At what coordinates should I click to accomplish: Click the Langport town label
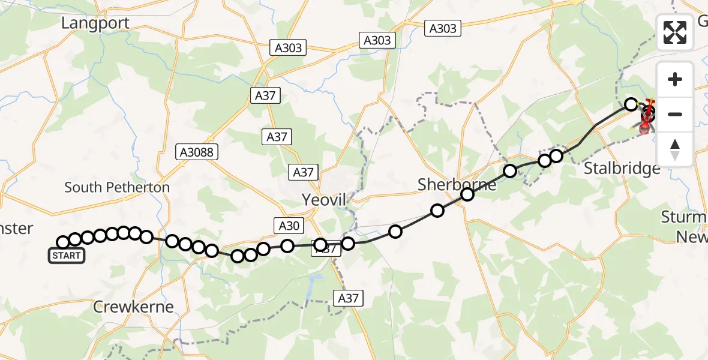pyautogui.click(x=96, y=23)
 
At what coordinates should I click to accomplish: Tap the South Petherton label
pyautogui.click(x=117, y=187)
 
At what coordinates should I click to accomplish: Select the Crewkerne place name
pyautogui.click(x=134, y=307)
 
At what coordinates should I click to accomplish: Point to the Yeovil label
pyautogui.click(x=325, y=200)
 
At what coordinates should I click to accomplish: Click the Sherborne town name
pyautogui.click(x=457, y=185)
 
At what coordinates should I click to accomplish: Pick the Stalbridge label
pyautogui.click(x=622, y=169)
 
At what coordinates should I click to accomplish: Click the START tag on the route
pyautogui.click(x=66, y=256)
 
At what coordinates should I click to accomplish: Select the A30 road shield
pyautogui.click(x=289, y=226)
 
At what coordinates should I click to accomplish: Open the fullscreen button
pyautogui.click(x=675, y=32)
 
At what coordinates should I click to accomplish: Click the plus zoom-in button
pyautogui.click(x=675, y=80)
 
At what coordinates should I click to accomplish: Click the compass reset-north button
pyautogui.click(x=675, y=149)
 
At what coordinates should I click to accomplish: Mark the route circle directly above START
pyautogui.click(x=63, y=242)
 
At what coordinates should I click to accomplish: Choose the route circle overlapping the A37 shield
pyautogui.click(x=320, y=245)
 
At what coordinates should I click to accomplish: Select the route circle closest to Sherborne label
pyautogui.click(x=467, y=194)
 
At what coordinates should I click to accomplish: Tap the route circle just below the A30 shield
pyautogui.click(x=287, y=245)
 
